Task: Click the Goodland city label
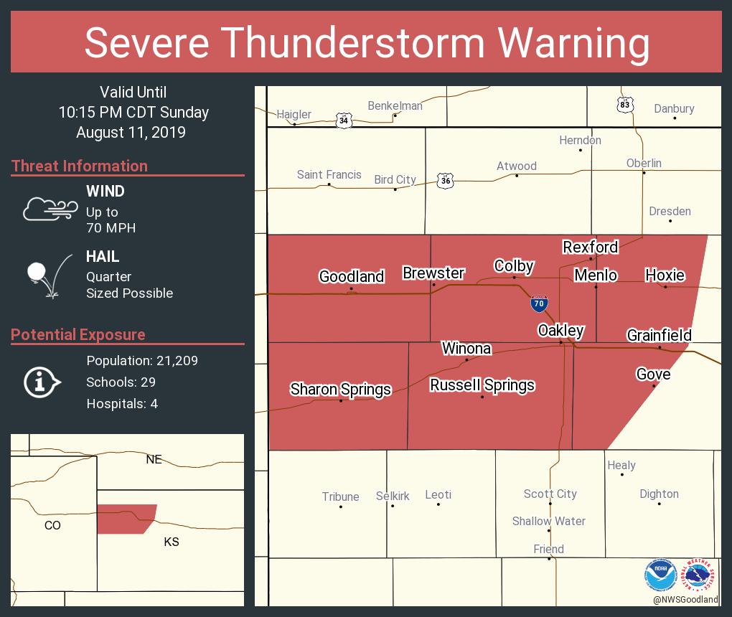(x=352, y=276)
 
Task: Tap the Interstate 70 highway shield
(x=539, y=303)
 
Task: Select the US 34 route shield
(x=344, y=120)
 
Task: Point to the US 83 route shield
(x=625, y=105)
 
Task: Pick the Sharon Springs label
(x=340, y=389)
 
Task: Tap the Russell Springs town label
(x=482, y=385)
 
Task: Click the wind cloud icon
(x=50, y=209)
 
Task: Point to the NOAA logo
(x=660, y=575)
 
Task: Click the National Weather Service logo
(x=700, y=575)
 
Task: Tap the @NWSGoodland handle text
(x=685, y=599)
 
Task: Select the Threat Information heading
(x=80, y=166)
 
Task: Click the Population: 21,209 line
(x=141, y=360)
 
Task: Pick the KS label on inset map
(x=171, y=542)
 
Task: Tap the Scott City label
(x=550, y=494)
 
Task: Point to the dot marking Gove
(x=654, y=386)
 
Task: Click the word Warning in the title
(x=574, y=42)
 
